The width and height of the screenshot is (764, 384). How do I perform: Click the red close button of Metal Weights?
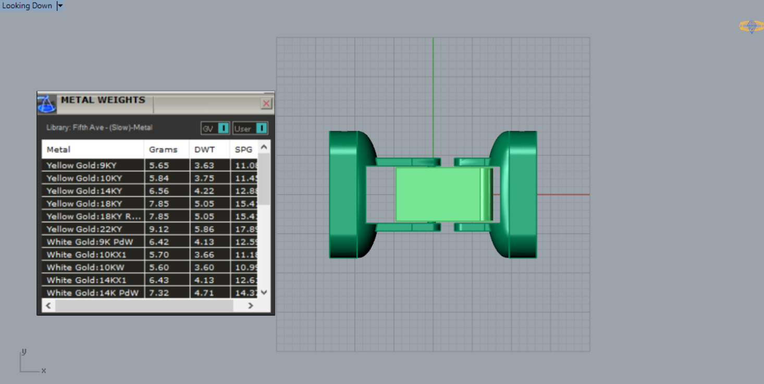pyautogui.click(x=266, y=103)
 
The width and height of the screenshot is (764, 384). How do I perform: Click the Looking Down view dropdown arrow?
pyautogui.click(x=60, y=6)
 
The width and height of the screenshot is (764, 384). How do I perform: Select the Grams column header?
pyautogui.click(x=163, y=149)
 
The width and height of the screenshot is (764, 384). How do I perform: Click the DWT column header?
pyautogui.click(x=205, y=149)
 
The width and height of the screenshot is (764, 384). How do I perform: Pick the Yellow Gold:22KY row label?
pyautogui.click(x=84, y=229)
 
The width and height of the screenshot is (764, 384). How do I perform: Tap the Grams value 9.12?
pyautogui.click(x=159, y=229)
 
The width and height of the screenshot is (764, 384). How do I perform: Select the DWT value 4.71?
pyautogui.click(x=204, y=293)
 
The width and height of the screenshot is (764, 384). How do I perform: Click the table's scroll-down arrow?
pyautogui.click(x=264, y=293)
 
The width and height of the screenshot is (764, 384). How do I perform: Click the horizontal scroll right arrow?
pyautogui.click(x=250, y=306)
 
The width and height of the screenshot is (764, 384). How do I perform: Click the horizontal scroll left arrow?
pyautogui.click(x=48, y=306)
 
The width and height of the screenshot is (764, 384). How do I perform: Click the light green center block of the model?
pyautogui.click(x=438, y=194)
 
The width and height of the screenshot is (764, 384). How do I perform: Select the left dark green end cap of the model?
pyautogui.click(x=343, y=194)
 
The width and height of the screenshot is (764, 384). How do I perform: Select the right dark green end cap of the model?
pyautogui.click(x=523, y=194)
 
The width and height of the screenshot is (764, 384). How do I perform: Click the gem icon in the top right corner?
pyautogui.click(x=751, y=26)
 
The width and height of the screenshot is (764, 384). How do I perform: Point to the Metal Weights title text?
pyautogui.click(x=103, y=100)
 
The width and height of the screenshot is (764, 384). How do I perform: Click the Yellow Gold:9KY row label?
pyautogui.click(x=82, y=165)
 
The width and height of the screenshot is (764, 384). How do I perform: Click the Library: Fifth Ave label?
pyautogui.click(x=100, y=127)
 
